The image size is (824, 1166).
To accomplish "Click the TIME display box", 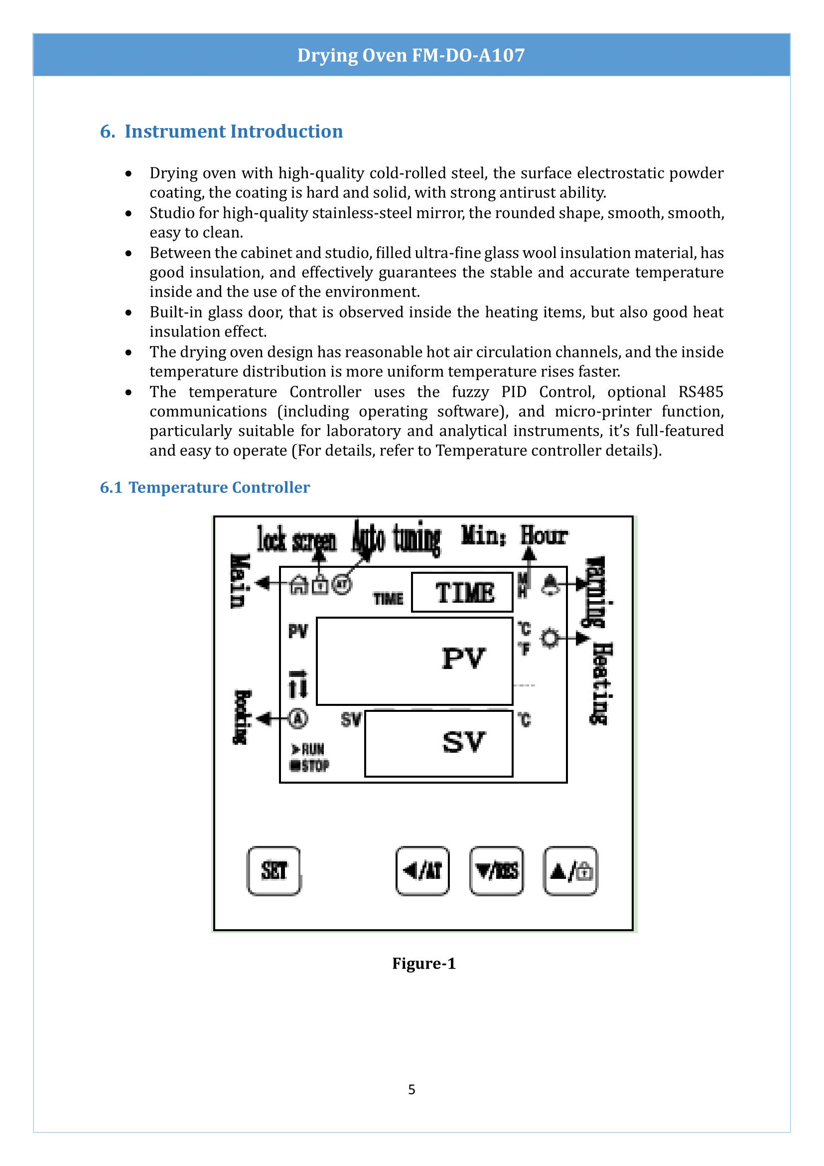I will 462,592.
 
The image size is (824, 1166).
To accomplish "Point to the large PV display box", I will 414,661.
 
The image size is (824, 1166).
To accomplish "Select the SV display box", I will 438,743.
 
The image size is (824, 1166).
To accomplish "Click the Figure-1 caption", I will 423,964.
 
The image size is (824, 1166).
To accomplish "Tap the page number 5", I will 412,1089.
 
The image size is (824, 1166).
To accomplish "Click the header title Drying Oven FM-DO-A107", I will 411,55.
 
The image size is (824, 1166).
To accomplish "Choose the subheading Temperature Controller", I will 219,487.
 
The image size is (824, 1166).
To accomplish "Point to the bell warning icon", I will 550,585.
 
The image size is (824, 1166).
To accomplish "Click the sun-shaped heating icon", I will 550,638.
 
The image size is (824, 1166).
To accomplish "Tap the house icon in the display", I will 299,585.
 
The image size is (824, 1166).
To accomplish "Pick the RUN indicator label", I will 308,749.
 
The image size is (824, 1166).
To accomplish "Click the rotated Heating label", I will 602,683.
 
